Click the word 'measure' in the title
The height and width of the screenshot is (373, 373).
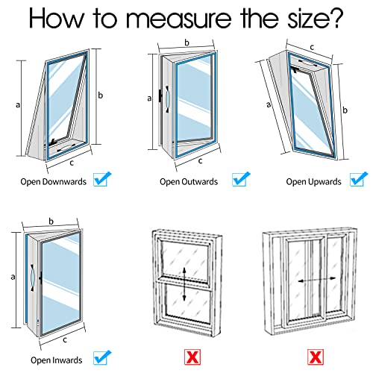tap(179, 19)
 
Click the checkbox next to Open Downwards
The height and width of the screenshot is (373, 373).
tap(102, 179)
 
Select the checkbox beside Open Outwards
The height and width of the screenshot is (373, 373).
tap(241, 179)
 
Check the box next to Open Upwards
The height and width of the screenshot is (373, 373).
tap(359, 179)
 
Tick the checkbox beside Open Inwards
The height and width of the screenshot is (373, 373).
tap(102, 357)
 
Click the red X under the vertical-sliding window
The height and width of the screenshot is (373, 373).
tap(192, 357)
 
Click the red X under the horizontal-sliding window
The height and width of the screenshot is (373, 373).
tap(316, 357)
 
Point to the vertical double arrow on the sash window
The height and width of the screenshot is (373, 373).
tap(184, 284)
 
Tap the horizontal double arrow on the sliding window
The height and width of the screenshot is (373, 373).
tap(317, 280)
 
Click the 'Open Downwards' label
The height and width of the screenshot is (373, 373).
tap(54, 182)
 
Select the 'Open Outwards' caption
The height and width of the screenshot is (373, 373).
tap(189, 182)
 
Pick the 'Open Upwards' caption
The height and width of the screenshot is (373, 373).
tap(313, 182)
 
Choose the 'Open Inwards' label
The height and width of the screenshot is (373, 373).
tap(57, 360)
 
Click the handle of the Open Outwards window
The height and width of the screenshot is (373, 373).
tap(167, 99)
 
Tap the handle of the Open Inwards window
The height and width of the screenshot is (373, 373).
tap(33, 278)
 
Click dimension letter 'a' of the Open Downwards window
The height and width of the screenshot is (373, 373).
tap(18, 105)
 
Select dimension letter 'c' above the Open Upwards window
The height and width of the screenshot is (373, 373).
tap(312, 47)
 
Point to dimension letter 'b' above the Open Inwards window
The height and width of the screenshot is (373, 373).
tap(51, 221)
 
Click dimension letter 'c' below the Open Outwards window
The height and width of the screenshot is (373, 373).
tap(201, 161)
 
